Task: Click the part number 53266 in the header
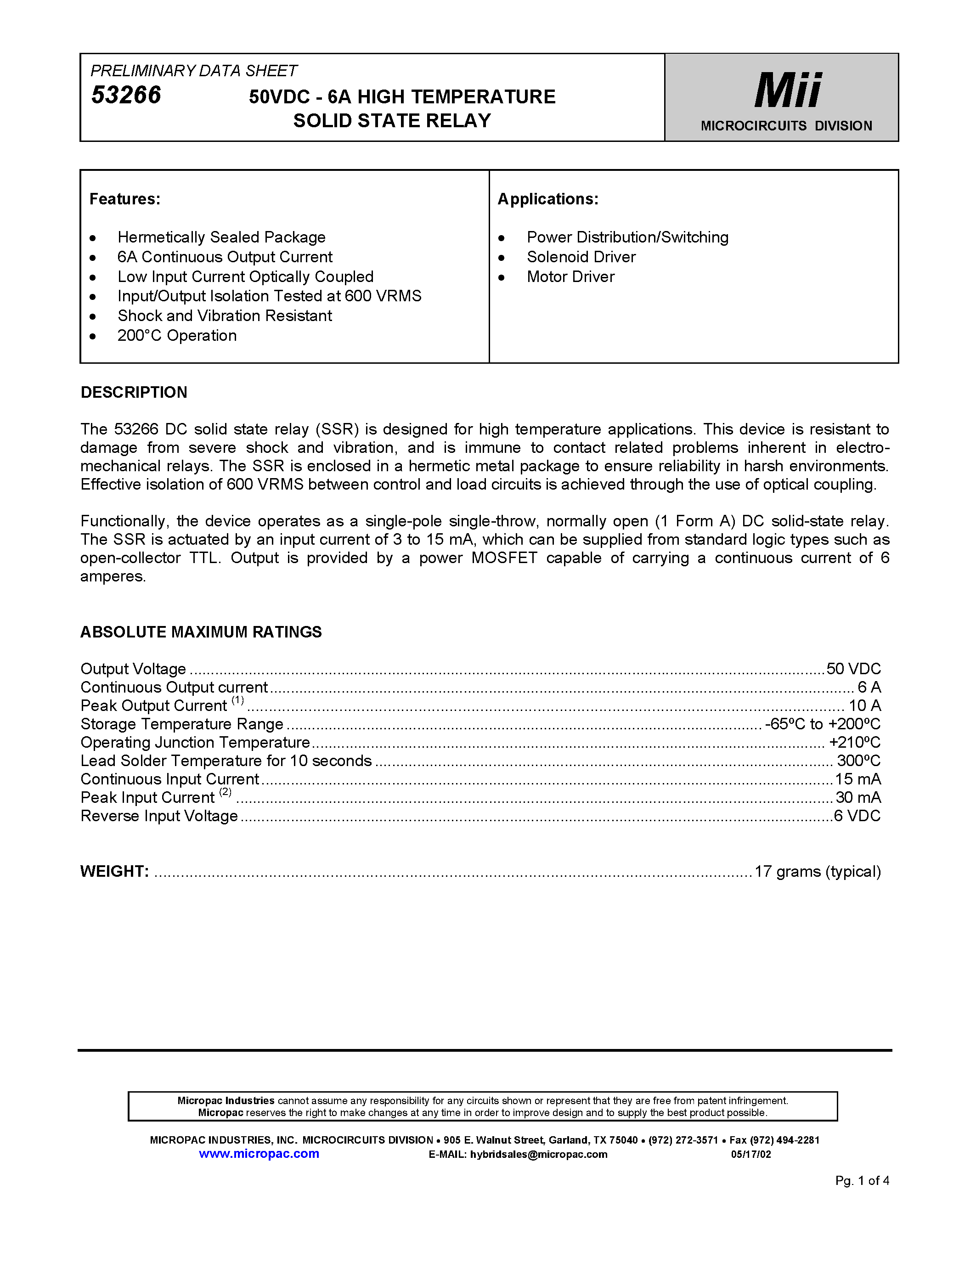(126, 96)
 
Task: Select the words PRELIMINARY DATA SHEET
(194, 71)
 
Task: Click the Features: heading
(125, 199)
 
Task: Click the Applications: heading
(547, 199)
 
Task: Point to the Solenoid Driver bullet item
(581, 257)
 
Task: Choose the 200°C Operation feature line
(177, 335)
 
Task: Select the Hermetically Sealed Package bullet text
(221, 237)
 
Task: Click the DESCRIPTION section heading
(134, 392)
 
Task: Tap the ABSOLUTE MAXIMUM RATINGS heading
(201, 631)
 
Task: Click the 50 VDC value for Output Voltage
(853, 669)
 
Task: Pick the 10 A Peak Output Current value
(864, 705)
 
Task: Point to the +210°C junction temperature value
(855, 743)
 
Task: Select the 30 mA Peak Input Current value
(858, 797)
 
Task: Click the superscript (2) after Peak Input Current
(226, 792)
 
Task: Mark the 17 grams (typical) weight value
(818, 872)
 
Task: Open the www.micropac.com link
(259, 1154)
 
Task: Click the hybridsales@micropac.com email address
(538, 1154)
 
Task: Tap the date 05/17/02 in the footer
(750, 1154)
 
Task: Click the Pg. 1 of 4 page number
(862, 1181)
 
